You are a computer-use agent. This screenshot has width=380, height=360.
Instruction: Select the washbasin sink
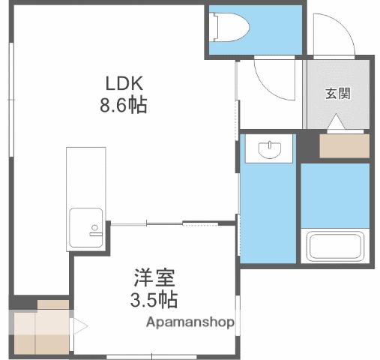(x=268, y=150)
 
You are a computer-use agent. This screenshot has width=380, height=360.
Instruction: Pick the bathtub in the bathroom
(x=334, y=246)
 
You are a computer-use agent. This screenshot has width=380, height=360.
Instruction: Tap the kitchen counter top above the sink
(x=84, y=176)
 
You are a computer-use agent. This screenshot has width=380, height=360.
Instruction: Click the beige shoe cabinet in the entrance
(x=344, y=145)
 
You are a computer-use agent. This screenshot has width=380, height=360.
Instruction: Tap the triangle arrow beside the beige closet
(x=79, y=327)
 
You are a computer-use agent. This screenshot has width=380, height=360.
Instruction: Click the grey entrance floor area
(x=337, y=109)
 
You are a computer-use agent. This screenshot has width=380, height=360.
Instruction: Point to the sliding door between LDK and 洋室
(x=165, y=223)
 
